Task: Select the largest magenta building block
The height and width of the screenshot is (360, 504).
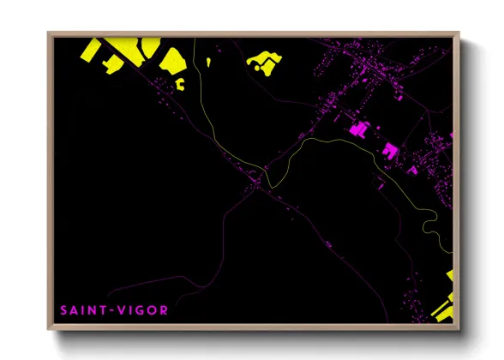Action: (x=359, y=130)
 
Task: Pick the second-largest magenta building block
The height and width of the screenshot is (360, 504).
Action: (x=391, y=150)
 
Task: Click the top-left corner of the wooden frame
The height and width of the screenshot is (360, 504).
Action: (x=50, y=34)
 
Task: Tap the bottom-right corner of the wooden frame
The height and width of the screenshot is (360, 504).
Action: (x=457, y=329)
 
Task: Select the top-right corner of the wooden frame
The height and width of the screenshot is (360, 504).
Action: (x=457, y=34)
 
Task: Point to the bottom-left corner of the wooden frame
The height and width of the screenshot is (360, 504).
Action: (x=50, y=329)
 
